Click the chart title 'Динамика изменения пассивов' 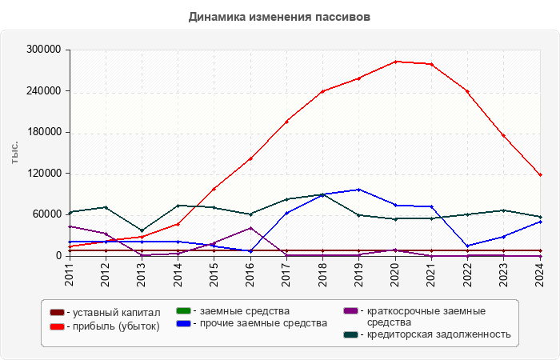click(x=279, y=17)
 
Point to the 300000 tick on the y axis click(x=45, y=50)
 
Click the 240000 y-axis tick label click(x=45, y=91)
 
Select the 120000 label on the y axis click(x=45, y=174)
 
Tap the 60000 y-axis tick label click(x=47, y=214)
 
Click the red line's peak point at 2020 click(x=395, y=62)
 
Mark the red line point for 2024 click(x=540, y=175)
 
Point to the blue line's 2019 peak click(x=359, y=190)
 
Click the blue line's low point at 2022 click(x=467, y=246)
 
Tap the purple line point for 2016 click(x=250, y=228)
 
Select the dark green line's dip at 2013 click(x=142, y=230)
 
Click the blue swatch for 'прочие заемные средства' click(x=182, y=323)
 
